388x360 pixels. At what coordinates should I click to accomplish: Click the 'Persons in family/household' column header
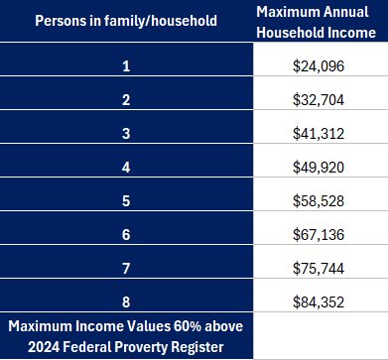[127, 21]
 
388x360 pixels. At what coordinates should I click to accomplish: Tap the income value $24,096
[321, 68]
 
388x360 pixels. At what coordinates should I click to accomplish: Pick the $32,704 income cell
[321, 100]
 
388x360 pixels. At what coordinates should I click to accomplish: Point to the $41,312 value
[321, 132]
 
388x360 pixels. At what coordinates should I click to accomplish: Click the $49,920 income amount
[321, 164]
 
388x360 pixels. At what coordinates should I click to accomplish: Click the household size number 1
[127, 68]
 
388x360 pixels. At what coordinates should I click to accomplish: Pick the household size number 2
[127, 100]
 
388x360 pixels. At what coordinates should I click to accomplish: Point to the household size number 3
[127, 132]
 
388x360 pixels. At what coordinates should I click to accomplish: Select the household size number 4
[127, 164]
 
